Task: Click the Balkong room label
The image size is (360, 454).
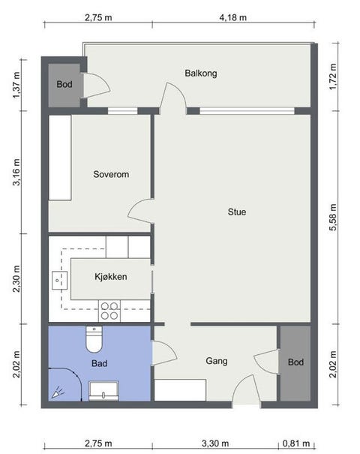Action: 201,74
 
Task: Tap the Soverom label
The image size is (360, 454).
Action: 111,174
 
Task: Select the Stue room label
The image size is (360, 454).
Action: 237,212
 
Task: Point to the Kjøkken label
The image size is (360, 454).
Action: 111,277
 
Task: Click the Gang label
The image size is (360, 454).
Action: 217,361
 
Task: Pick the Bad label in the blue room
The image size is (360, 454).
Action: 99,363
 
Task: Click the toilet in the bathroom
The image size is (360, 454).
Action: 94,339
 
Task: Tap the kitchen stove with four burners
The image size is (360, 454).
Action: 109,311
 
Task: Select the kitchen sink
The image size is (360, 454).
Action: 59,280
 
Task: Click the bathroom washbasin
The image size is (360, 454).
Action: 103,391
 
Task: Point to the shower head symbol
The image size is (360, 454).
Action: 58,392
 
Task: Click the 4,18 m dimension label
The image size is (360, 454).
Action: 233,18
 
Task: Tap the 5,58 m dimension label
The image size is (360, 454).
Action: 333,217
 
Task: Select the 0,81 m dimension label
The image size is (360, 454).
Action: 296,443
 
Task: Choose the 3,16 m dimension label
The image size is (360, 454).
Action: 16,172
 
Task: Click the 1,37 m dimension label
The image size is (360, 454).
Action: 16,85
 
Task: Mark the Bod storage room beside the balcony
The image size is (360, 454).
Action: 64,85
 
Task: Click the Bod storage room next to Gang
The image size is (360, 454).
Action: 295,363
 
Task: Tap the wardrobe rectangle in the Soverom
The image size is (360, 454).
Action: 60,158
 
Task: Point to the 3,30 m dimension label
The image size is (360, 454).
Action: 215,443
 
